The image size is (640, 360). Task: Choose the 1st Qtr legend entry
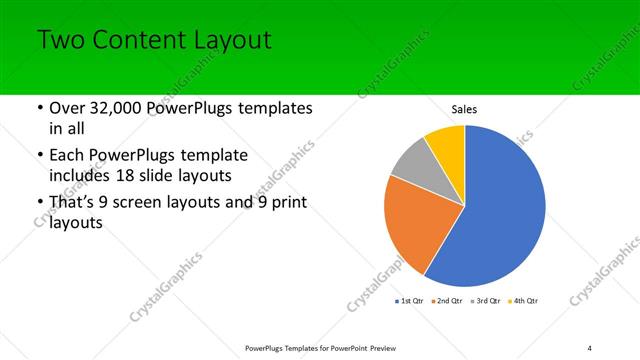(x=411, y=300)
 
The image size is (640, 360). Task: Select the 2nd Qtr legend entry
(x=446, y=300)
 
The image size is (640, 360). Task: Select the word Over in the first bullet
(x=68, y=108)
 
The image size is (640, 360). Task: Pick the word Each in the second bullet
(x=68, y=155)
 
